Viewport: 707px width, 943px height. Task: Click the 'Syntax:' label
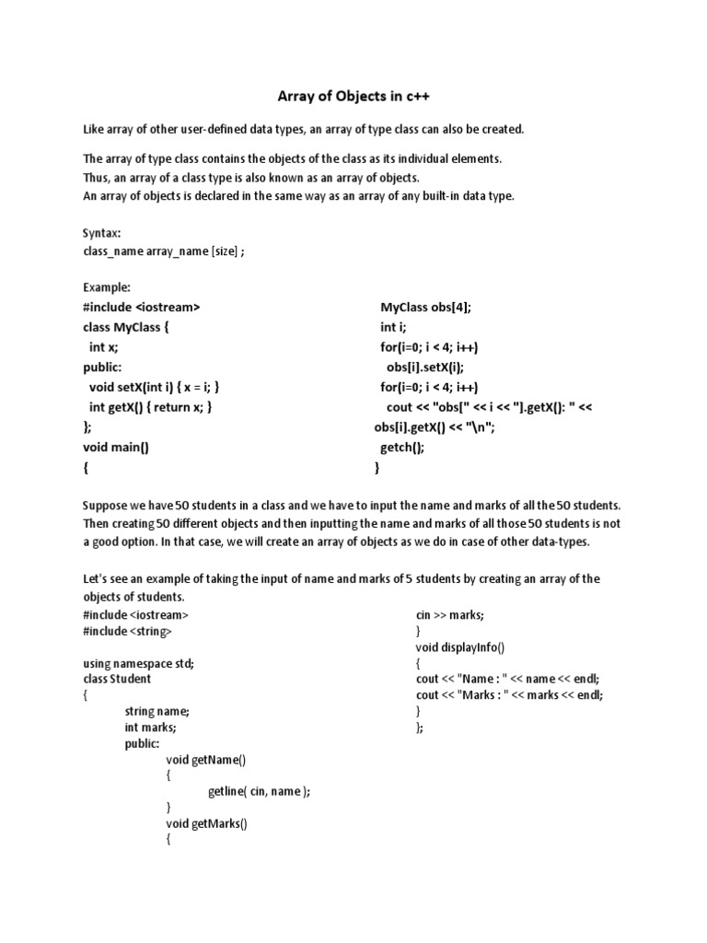[102, 233]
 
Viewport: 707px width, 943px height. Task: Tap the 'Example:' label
[107, 286]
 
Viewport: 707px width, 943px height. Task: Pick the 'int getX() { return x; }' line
[156, 407]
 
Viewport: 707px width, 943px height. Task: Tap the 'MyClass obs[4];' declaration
[431, 307]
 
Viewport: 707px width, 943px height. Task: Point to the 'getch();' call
[403, 448]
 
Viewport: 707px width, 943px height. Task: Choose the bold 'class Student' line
[117, 680]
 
